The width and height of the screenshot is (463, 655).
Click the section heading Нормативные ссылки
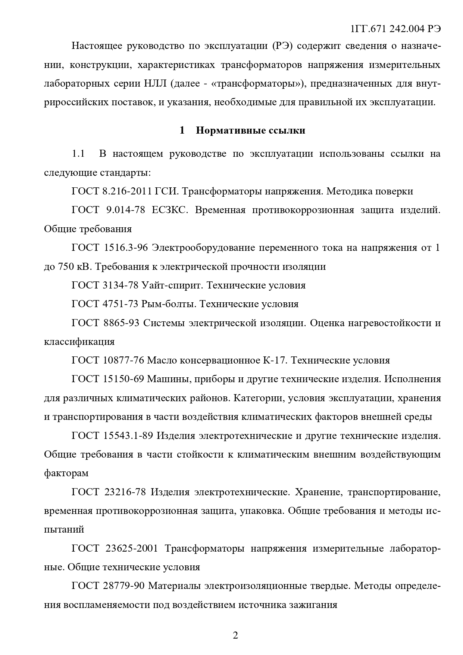point(251,130)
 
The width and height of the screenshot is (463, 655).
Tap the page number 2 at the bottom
point(235,635)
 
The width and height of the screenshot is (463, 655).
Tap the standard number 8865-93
point(121,323)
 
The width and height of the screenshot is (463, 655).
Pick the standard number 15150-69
point(123,379)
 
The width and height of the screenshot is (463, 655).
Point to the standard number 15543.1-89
point(128,436)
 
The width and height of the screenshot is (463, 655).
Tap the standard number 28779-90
point(123,586)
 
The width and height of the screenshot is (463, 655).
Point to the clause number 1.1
point(78,154)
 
